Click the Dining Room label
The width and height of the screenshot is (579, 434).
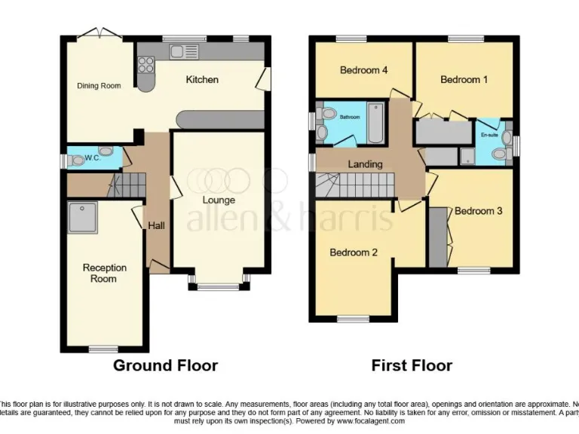tap(99, 86)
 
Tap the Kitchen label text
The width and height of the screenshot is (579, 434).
tap(202, 80)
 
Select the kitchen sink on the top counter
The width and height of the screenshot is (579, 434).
tap(183, 51)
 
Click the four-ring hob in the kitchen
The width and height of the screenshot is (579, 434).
tap(146, 65)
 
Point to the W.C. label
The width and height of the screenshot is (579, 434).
tap(93, 158)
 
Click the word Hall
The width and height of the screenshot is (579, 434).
tap(156, 225)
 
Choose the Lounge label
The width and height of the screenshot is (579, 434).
tap(219, 200)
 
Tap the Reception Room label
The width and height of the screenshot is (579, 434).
tap(105, 273)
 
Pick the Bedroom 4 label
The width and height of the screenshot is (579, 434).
tap(363, 71)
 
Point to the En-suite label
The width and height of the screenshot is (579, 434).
tap(489, 135)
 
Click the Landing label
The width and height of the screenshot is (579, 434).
tap(365, 164)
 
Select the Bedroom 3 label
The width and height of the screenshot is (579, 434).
tap(478, 212)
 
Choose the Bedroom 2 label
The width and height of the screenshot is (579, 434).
tap(354, 253)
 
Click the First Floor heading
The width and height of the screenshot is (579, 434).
tap(412, 366)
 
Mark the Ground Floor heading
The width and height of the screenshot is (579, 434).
tap(165, 366)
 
